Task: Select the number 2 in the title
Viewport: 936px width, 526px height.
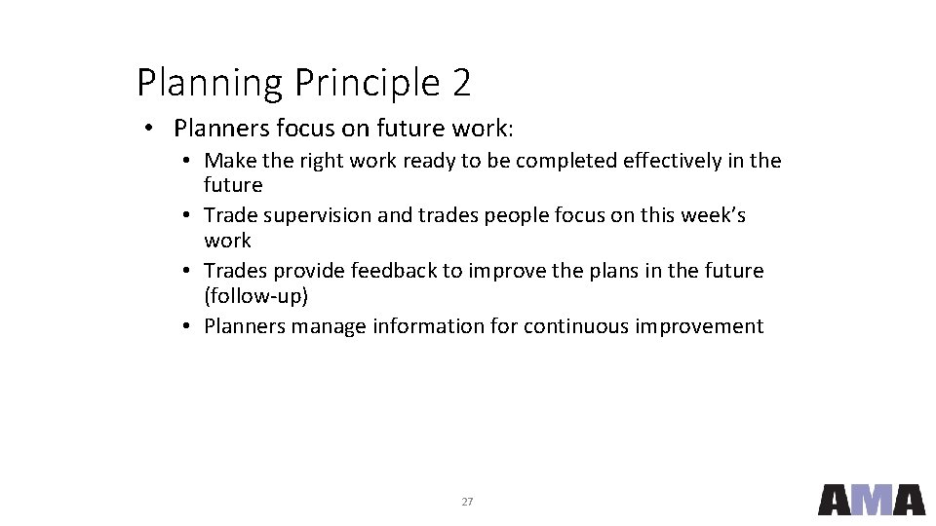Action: click(461, 83)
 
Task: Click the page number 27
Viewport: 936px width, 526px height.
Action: click(467, 502)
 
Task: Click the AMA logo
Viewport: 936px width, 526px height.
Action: click(871, 500)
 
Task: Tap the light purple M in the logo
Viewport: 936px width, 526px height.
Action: click(872, 500)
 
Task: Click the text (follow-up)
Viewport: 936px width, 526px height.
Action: click(255, 295)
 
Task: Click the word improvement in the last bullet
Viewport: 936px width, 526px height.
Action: click(699, 326)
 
